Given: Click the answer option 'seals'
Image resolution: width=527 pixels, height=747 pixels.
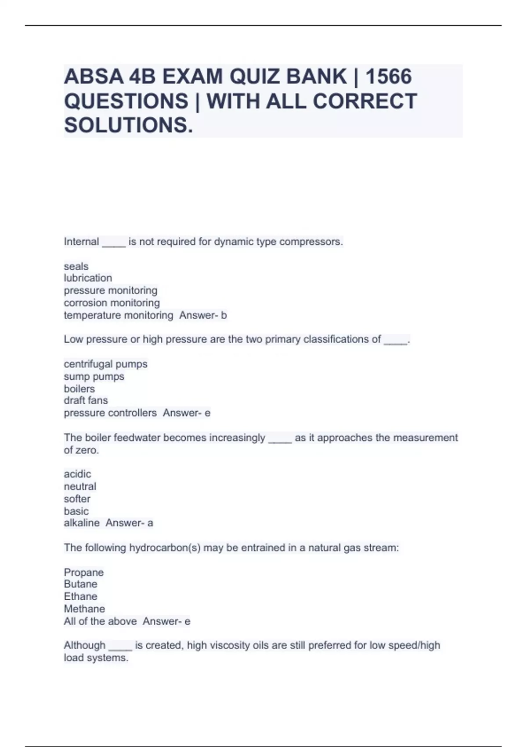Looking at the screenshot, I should (x=76, y=266).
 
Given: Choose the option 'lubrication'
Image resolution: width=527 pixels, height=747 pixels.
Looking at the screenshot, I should (x=88, y=278).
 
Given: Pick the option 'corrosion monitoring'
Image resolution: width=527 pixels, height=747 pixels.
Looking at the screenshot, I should (x=112, y=303).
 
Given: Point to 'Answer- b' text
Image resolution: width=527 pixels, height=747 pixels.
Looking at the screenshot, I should (x=203, y=315).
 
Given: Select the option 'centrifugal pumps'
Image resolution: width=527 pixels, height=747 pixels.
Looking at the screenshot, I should (x=105, y=364).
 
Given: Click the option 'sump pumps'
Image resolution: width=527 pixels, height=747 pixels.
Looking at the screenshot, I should (x=94, y=377).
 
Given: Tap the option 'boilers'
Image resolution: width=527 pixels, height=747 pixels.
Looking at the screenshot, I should (x=79, y=389).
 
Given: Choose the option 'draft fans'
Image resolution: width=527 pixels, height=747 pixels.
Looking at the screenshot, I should (x=86, y=400).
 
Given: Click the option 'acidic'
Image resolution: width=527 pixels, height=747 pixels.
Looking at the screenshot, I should (x=77, y=474).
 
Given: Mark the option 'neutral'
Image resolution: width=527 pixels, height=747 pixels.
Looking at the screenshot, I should (x=80, y=486).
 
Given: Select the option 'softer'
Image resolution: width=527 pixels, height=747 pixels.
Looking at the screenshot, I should (x=77, y=499).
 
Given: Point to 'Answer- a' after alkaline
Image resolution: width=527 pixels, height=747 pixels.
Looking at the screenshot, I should (x=129, y=523).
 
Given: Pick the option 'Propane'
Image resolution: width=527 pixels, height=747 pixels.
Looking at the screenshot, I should (x=83, y=572).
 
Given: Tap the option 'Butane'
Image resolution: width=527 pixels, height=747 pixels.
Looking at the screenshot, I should (x=80, y=584).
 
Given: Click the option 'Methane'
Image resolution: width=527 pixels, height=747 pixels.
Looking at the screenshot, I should (x=84, y=609).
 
